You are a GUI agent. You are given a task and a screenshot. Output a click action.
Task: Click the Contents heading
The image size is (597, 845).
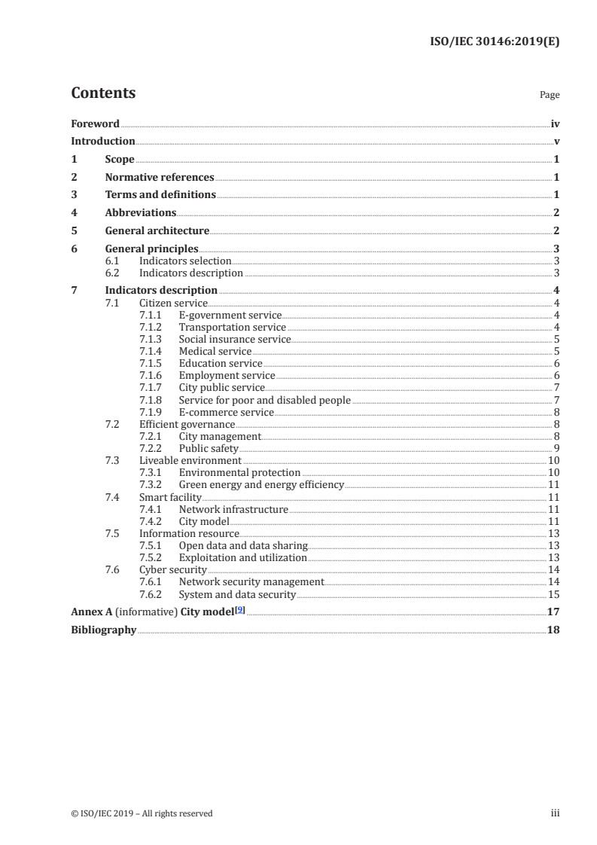103,93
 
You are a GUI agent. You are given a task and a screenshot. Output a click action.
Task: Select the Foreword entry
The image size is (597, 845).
95,124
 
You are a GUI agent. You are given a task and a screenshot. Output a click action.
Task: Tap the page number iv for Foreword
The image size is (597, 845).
555,124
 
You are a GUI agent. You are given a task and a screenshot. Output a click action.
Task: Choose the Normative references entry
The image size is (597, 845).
160,178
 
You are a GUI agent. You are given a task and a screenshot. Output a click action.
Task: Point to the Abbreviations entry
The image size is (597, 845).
141,213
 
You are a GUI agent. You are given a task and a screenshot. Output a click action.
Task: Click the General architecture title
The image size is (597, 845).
157,231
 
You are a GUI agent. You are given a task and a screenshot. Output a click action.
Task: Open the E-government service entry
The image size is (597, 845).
230,315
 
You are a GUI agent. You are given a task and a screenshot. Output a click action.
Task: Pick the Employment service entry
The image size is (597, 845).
227,375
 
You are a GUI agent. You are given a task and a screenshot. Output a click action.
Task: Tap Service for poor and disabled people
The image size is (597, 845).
264,400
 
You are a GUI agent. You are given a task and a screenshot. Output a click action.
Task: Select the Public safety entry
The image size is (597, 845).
209,448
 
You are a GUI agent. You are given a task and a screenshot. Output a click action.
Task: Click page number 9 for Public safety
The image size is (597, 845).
556,448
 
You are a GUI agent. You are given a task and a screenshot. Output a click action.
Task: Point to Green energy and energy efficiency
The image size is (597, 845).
261,484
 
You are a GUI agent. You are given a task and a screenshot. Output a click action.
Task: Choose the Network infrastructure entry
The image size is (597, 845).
233,509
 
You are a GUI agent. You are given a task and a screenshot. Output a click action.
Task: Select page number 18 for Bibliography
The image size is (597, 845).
553,630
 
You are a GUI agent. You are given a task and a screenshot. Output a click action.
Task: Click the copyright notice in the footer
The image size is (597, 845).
142,813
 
